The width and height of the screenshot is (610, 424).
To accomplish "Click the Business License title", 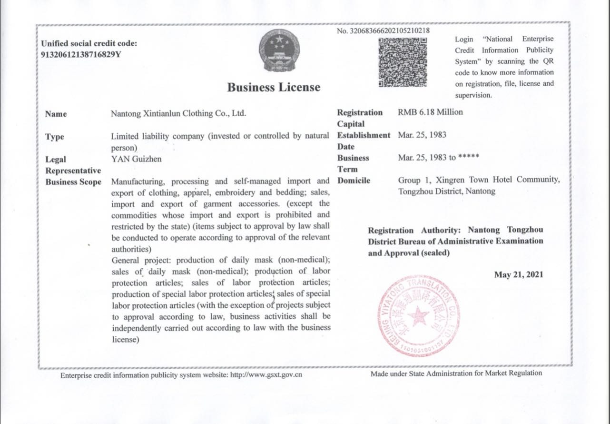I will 274,87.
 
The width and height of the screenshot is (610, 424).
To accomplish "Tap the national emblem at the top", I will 279,50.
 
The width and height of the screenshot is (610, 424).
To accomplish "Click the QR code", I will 403,62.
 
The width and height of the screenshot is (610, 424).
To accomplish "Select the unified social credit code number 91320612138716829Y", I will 81,54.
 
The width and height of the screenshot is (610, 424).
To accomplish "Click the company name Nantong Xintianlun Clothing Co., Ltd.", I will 178,113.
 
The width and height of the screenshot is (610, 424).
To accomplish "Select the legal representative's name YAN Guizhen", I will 136,159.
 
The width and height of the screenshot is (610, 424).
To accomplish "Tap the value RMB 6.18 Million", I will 430,112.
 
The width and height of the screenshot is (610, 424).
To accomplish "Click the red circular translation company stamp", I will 419,314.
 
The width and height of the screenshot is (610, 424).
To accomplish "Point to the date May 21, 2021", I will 519,274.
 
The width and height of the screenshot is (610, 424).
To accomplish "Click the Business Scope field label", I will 73,182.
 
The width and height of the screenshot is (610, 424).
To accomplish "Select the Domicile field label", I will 354,181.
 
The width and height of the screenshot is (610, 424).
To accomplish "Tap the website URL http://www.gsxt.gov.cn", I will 266,375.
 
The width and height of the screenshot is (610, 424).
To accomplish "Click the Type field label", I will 54,137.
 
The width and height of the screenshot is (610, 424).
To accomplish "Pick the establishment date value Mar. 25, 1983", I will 422,135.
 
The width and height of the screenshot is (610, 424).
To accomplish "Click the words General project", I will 138,260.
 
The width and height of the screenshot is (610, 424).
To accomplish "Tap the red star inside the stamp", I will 419,314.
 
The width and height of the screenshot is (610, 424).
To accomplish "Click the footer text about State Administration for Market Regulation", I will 456,374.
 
